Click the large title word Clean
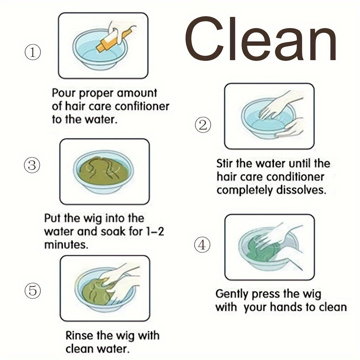tap(261, 39)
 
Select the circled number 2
tap(203, 125)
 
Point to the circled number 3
tap(32, 165)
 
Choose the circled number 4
tap(202, 244)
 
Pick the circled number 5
tap(33, 291)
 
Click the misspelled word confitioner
tap(142, 106)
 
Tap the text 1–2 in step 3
tap(155, 231)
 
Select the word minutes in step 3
tap(66, 245)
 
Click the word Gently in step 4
tap(232, 294)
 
